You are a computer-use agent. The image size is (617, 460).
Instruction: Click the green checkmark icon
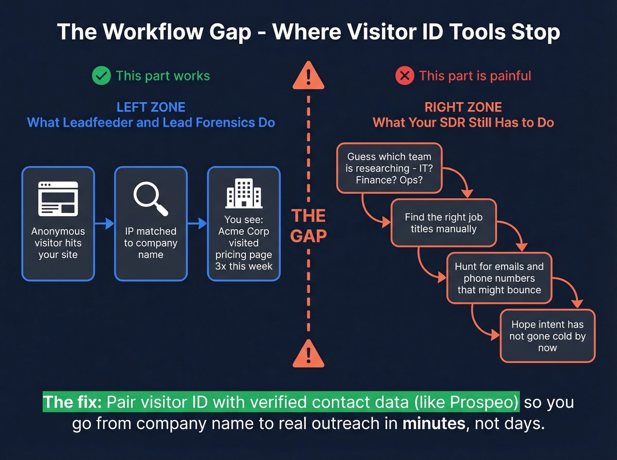(101, 76)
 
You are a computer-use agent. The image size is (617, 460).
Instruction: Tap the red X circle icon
(405, 76)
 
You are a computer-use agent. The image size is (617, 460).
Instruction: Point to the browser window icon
(58, 199)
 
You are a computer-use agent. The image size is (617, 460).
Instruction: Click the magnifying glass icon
(151, 199)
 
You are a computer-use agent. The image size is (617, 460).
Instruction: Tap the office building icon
(244, 194)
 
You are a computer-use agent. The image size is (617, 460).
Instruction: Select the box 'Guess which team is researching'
(389, 168)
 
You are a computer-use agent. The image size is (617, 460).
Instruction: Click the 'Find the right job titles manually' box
(443, 223)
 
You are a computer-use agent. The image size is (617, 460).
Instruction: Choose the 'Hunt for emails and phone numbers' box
(499, 278)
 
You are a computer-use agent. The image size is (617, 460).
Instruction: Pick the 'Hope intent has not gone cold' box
(547, 336)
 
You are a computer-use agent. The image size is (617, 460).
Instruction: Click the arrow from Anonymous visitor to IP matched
(104, 224)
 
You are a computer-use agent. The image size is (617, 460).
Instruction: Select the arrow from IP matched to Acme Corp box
(197, 224)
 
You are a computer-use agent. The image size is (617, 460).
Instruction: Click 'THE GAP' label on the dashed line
(308, 226)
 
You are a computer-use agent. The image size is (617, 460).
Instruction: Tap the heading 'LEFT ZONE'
(151, 107)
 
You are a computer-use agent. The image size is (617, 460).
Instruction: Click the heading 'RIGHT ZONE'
(463, 107)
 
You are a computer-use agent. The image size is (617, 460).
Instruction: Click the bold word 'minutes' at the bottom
(434, 423)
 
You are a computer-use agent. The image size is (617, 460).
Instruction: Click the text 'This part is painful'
(475, 76)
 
